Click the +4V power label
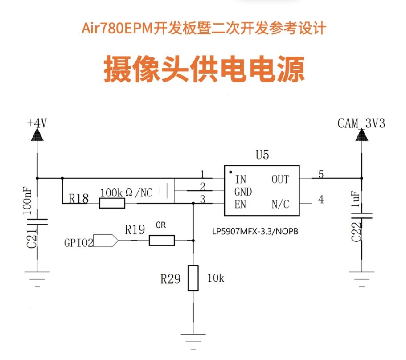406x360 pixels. [x=37, y=123]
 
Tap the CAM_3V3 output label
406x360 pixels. [x=361, y=123]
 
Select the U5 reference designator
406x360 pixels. [x=262, y=155]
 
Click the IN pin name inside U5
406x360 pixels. [x=241, y=179]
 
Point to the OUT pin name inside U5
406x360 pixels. [x=280, y=179]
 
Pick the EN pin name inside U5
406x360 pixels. [x=240, y=204]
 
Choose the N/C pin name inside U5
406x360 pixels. [x=280, y=204]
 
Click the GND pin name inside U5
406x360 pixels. [x=243, y=192]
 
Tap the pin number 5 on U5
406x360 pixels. [x=321, y=174]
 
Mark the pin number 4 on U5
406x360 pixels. [x=321, y=199]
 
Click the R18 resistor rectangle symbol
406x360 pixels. [x=112, y=203]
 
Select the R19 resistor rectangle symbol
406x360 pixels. [x=162, y=241]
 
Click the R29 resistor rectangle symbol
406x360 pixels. [x=193, y=278]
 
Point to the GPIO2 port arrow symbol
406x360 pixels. [x=106, y=241]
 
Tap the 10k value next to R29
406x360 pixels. [x=216, y=278]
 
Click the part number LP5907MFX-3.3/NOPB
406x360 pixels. [x=255, y=231]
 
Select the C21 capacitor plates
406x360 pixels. [x=37, y=222]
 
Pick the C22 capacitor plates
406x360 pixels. [x=362, y=216]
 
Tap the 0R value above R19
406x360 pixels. [x=161, y=225]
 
